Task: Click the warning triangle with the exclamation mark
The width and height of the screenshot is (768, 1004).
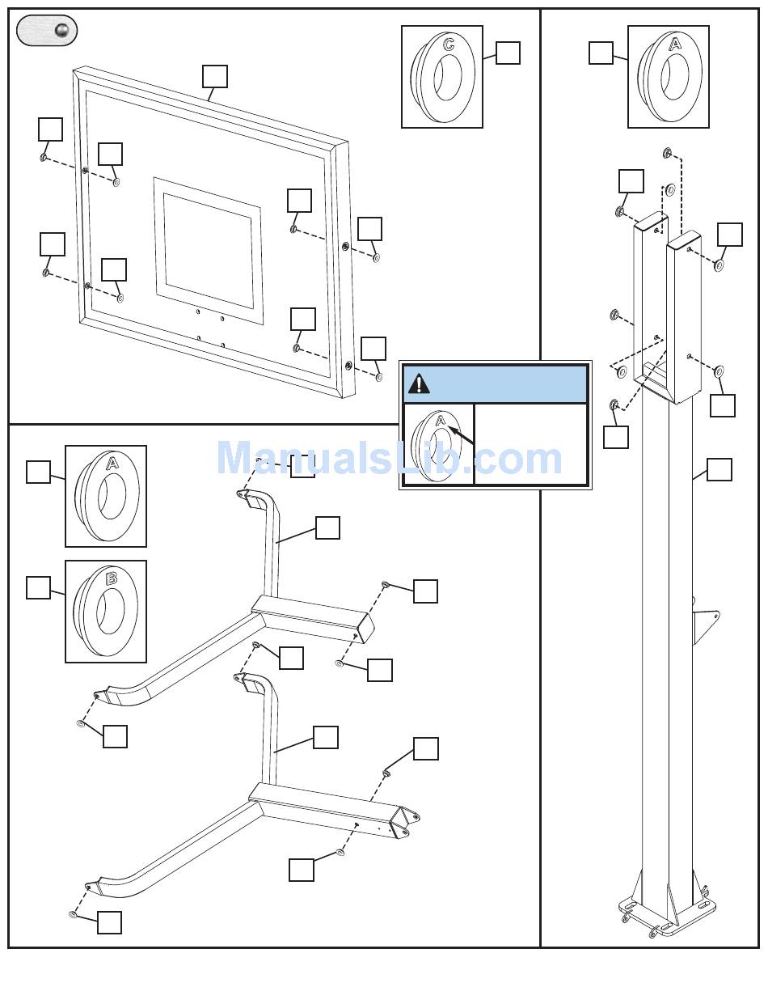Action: (419, 383)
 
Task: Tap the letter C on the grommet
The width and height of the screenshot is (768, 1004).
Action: (448, 44)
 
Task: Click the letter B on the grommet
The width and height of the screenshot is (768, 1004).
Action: (112, 579)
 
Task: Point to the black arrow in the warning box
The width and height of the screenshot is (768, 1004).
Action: (461, 436)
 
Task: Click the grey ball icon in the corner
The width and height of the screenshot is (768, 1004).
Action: (61, 31)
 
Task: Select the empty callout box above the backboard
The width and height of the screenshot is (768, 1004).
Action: (215, 76)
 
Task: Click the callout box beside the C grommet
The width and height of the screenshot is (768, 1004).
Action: (508, 53)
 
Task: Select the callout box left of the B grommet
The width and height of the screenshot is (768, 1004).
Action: (38, 587)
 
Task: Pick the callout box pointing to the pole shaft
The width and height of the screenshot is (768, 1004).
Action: (719, 469)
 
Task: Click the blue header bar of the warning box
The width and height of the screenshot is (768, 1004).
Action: (496, 384)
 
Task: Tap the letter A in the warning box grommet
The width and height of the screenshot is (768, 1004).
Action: (441, 421)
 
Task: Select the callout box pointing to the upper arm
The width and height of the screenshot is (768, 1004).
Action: (327, 527)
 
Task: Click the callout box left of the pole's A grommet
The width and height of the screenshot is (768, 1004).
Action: (601, 53)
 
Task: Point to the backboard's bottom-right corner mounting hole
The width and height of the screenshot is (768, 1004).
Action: (348, 366)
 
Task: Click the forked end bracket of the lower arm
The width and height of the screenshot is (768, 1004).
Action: (405, 823)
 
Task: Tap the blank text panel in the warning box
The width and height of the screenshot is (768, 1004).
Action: (531, 443)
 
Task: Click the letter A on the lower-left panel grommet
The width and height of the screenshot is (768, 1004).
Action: (112, 463)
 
